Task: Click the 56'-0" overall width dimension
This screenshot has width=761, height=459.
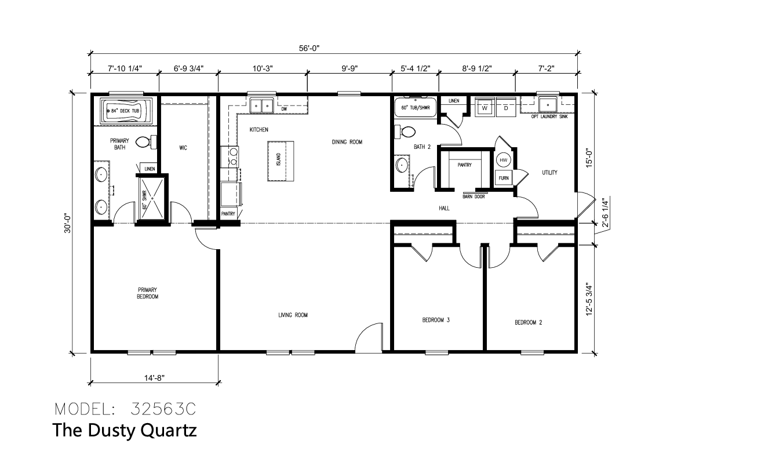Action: (x=309, y=48)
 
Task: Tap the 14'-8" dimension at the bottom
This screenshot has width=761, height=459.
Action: (x=154, y=378)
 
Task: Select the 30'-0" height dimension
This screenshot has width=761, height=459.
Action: (x=67, y=223)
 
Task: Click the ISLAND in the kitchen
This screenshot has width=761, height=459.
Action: (x=281, y=161)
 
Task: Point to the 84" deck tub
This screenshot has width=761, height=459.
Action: (x=126, y=111)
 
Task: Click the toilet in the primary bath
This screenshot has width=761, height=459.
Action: (x=146, y=142)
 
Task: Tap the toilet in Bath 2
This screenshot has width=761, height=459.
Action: (x=405, y=132)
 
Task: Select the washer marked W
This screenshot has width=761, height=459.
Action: (x=485, y=107)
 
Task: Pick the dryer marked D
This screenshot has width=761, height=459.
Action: (x=506, y=107)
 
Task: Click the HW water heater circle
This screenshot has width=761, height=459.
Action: (x=504, y=160)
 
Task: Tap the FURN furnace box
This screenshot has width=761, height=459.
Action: (x=504, y=178)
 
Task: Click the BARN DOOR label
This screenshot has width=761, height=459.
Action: (x=474, y=196)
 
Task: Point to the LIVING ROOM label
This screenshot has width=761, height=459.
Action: (x=293, y=315)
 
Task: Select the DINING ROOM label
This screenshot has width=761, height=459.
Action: (x=347, y=142)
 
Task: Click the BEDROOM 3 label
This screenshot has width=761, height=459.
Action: (x=436, y=320)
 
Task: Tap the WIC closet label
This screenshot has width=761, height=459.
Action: (x=183, y=148)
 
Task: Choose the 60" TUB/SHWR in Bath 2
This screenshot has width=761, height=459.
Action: (x=415, y=107)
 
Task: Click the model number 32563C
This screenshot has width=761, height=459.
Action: (x=163, y=409)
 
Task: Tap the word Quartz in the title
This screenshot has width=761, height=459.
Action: (x=169, y=431)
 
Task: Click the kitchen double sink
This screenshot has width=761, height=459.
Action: (x=261, y=105)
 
